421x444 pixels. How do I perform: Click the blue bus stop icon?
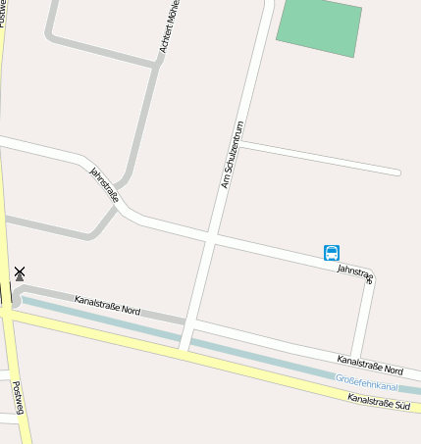pos(332,253)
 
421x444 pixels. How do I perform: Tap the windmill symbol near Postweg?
pos(20,273)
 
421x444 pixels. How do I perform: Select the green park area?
pos(319,26)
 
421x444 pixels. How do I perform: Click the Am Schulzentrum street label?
pos(234,154)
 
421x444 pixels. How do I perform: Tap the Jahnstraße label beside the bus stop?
pos(355,273)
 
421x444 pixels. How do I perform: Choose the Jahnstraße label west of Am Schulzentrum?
pos(104,184)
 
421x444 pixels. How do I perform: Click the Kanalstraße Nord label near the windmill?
pos(107,305)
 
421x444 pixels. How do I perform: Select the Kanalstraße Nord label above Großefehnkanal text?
pos(370,365)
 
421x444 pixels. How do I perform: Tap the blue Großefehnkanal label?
pos(367,381)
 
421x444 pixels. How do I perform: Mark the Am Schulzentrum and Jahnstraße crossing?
pos(211,236)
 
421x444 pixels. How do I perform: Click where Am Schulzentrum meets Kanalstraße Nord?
pos(188,321)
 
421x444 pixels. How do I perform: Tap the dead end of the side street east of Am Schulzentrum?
pos(397,173)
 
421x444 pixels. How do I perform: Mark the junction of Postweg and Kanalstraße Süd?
pos(8,312)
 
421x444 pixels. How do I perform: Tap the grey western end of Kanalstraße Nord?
pos(18,294)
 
